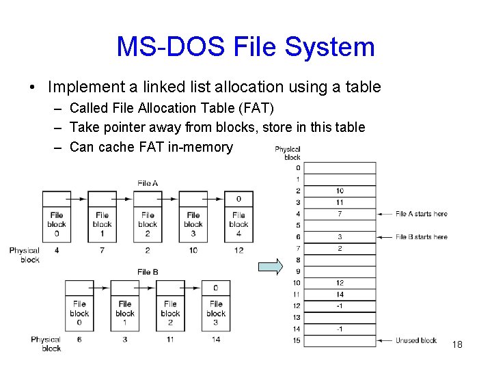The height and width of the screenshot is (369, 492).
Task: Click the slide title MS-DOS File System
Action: point(245,46)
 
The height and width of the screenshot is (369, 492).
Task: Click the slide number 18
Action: point(457,344)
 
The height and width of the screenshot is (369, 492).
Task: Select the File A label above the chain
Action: point(148,182)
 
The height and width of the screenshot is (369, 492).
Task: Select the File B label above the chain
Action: point(148,271)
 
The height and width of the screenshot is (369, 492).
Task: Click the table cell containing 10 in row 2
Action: point(340,191)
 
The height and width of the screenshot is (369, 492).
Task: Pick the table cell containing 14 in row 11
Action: point(340,295)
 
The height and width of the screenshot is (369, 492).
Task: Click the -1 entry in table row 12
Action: point(340,305)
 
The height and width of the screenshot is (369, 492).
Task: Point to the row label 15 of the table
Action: point(297,340)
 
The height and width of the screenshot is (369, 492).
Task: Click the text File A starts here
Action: point(422,214)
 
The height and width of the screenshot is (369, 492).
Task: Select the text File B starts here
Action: point(422,236)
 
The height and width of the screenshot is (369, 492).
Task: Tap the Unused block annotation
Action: point(416,340)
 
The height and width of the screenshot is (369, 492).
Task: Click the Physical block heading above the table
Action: point(288,153)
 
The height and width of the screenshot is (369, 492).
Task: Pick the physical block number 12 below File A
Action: point(238,250)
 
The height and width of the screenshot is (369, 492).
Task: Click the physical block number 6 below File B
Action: point(79,339)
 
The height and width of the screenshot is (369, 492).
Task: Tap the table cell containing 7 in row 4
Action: point(340,214)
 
